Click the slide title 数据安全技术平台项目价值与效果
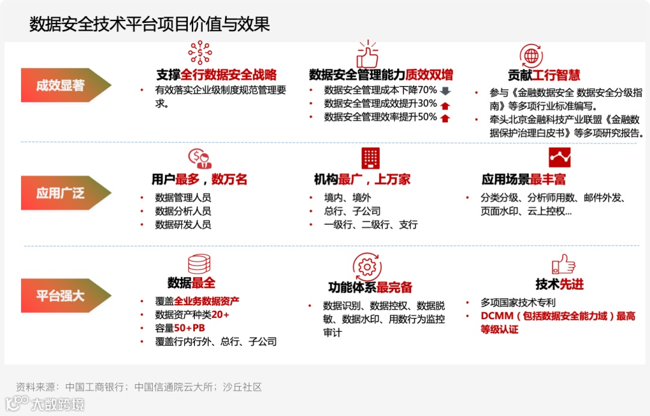click(x=149, y=23)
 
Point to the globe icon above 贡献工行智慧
click(x=531, y=55)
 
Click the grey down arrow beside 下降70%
click(x=445, y=91)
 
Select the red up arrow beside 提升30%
click(x=445, y=105)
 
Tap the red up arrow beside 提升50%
click(x=445, y=118)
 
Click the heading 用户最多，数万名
click(x=199, y=180)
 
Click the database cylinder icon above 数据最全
click(x=199, y=264)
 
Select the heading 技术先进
click(x=560, y=284)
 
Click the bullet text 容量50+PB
click(x=180, y=328)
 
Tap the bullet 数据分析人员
click(x=183, y=211)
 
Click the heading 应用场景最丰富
click(x=524, y=180)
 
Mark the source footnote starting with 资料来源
click(x=138, y=387)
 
